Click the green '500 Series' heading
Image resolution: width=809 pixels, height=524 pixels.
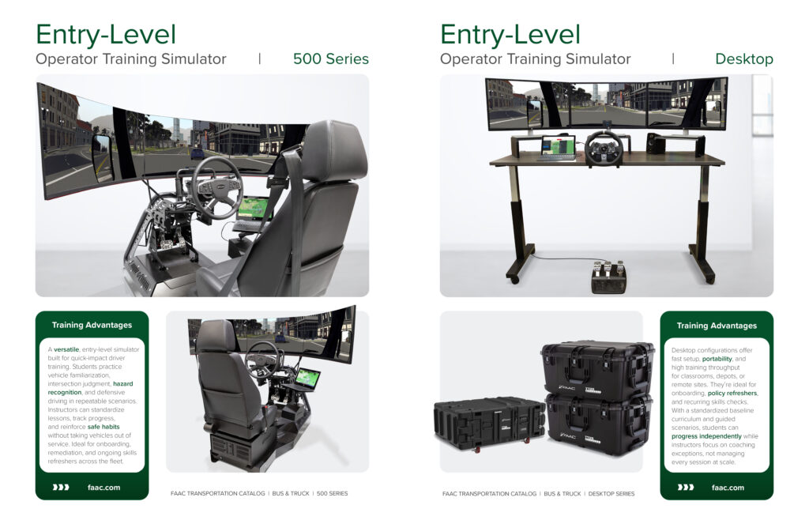coord(331,58)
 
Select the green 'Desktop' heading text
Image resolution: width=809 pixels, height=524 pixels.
coord(744,59)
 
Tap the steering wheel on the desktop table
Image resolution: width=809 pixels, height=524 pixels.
coord(604,148)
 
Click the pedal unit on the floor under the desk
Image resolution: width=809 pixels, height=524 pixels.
coord(608,277)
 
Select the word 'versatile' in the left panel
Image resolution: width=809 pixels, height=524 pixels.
coord(66,349)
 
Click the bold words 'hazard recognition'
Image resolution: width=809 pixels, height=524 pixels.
coord(90,388)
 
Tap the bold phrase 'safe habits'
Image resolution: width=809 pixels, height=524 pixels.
coord(103,427)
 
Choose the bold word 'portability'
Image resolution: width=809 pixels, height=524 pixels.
coord(717,359)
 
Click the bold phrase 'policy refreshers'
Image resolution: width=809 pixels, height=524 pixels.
coord(732,394)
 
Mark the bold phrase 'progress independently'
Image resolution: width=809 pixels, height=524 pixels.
coord(706,436)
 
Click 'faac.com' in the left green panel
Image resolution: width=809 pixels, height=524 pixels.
coord(103,488)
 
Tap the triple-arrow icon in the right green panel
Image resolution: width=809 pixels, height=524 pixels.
coord(685,488)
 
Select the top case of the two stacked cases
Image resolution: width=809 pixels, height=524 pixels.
coord(596,371)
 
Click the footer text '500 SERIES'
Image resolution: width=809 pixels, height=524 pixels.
coord(333,493)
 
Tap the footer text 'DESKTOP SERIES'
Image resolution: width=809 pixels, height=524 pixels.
coord(611,494)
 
